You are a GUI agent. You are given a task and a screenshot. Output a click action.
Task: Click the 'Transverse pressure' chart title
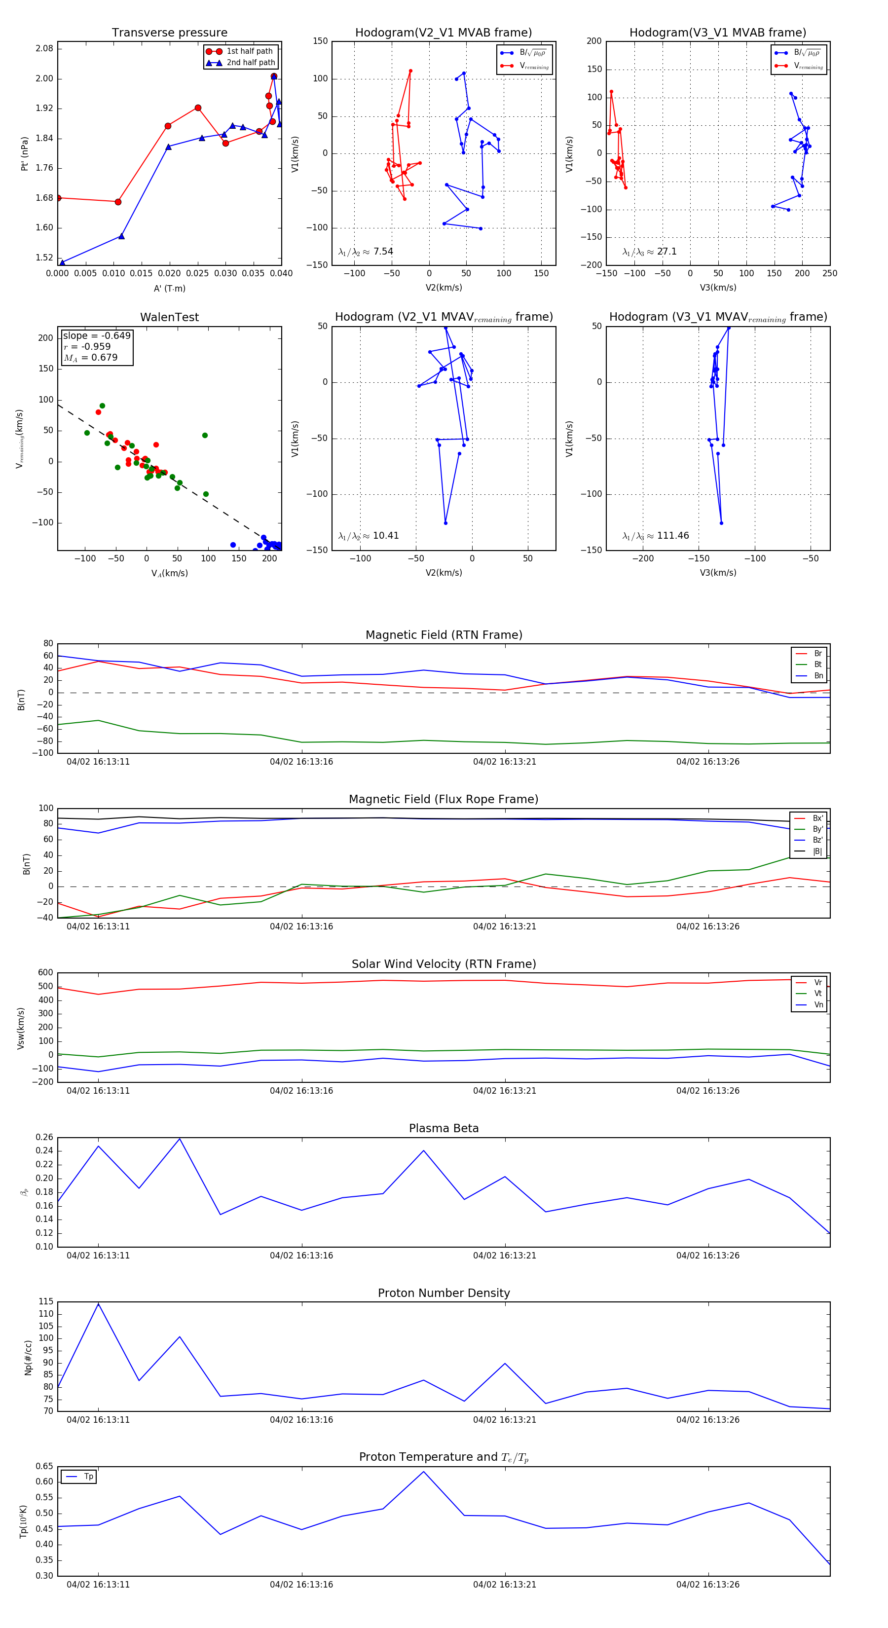pyautogui.click(x=169, y=33)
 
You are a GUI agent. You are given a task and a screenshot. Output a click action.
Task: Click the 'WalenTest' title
pyautogui.click(x=169, y=317)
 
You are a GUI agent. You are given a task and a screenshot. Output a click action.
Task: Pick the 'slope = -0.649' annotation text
pyautogui.click(x=97, y=335)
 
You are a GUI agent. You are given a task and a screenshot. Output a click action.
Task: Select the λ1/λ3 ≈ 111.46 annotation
pyautogui.click(x=656, y=536)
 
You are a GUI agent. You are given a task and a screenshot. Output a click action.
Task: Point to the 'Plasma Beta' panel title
pyautogui.click(x=444, y=1129)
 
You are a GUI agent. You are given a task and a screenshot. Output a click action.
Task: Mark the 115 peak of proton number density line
pyautogui.click(x=98, y=1304)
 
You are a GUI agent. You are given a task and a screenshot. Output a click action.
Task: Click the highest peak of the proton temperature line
pyautogui.click(x=423, y=1472)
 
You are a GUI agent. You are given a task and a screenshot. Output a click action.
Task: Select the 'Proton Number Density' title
pyautogui.click(x=444, y=1293)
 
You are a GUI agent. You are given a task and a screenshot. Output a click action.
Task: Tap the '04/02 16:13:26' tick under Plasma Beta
pyautogui.click(x=707, y=1256)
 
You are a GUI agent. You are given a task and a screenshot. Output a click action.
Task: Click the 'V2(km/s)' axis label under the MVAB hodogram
pyautogui.click(x=444, y=288)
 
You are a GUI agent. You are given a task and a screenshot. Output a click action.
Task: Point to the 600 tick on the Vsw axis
pyautogui.click(x=45, y=973)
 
